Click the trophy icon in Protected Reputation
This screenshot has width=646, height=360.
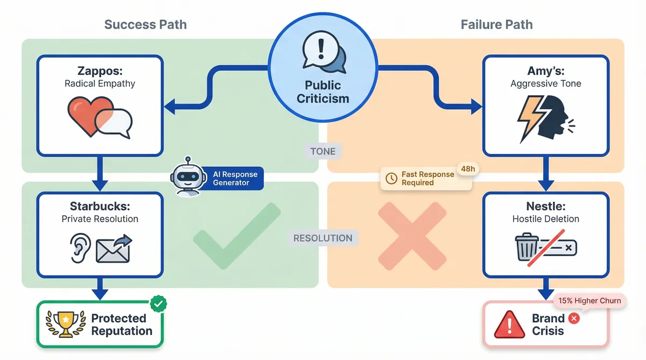(66, 324)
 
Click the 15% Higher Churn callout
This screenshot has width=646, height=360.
(589, 301)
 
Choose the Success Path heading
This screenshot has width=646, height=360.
(145, 24)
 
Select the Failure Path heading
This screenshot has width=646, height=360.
(496, 24)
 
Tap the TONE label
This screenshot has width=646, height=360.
(322, 151)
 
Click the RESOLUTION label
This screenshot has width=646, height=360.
(322, 238)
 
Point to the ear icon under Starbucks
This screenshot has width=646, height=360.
(79, 248)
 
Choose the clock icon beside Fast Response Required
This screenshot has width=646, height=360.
(391, 176)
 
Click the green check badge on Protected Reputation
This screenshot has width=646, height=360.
(158, 304)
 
